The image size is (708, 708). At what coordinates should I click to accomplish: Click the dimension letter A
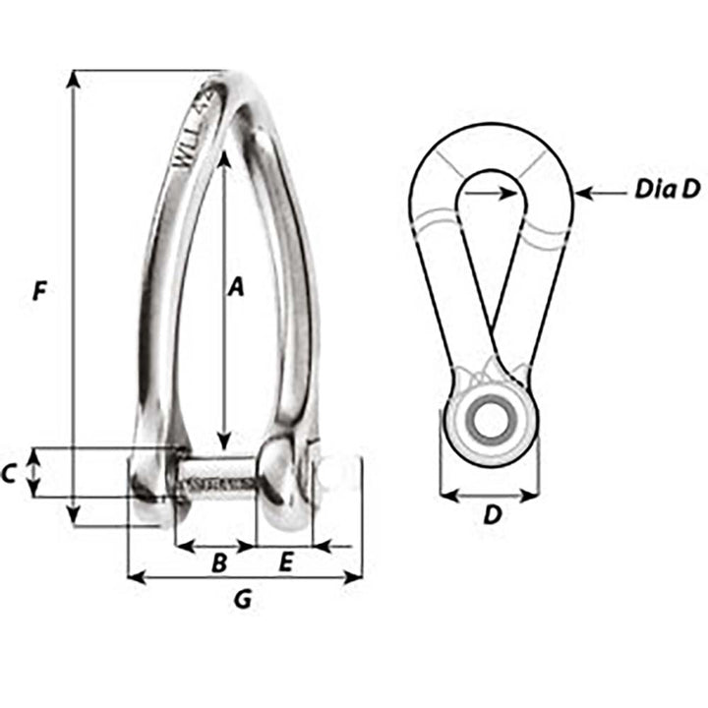pos(235,286)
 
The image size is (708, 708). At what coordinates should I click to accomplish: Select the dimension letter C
pos(9,474)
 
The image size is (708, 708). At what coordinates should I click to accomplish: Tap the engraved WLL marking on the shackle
pos(193,147)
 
